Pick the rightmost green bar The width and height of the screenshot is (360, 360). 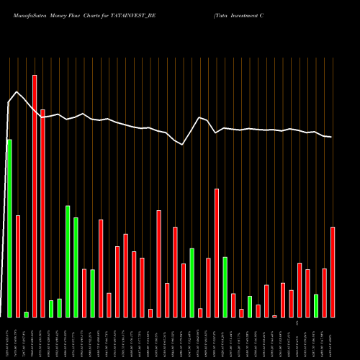316,305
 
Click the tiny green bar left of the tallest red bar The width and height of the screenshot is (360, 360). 26,314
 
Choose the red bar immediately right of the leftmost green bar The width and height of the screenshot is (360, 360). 18,266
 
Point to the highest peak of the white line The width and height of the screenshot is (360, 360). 17,91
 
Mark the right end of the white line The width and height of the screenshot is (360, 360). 331,137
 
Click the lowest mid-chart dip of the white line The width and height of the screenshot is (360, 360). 183,145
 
